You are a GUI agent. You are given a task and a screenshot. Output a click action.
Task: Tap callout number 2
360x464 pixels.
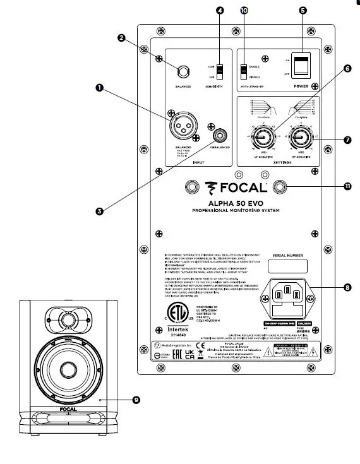coord(120,38)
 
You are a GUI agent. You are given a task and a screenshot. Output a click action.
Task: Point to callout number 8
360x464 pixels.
coord(347,287)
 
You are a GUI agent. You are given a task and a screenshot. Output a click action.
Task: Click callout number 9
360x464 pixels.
coord(136,398)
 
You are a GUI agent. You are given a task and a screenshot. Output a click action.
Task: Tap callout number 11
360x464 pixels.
coord(347,187)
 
